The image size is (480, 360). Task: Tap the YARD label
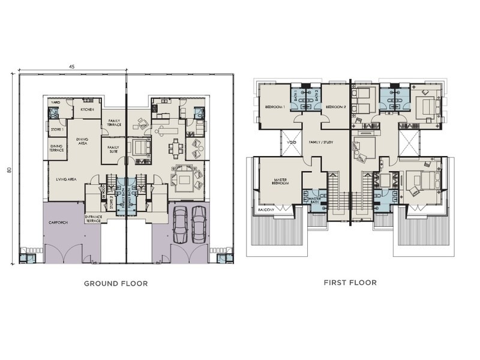[56, 103]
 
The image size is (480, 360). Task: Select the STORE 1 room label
[56, 129]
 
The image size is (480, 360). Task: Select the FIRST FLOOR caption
[350, 283]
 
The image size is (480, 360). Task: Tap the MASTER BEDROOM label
[277, 181]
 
